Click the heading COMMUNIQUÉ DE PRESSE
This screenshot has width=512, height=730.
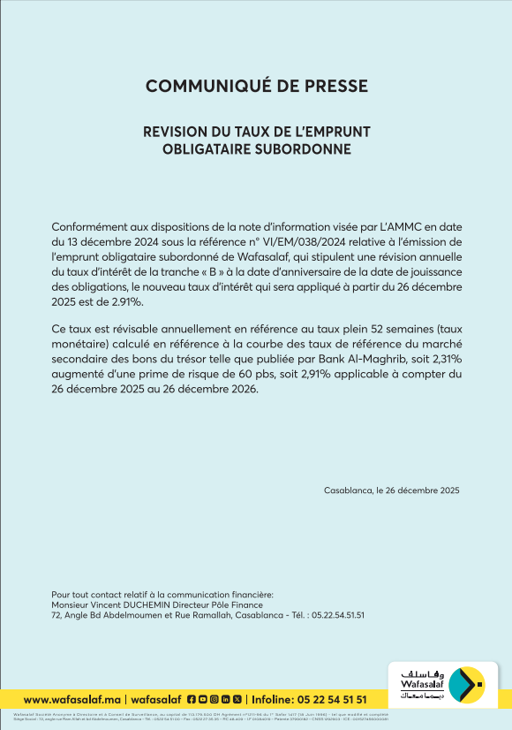256,86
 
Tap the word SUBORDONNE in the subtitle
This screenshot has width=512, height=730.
304,149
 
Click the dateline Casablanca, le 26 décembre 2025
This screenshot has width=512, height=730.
392,490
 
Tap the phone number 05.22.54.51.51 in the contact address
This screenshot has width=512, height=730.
335,615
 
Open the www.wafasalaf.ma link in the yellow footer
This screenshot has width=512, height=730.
72,699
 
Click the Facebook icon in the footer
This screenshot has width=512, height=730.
191,699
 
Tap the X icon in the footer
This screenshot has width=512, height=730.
237,699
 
